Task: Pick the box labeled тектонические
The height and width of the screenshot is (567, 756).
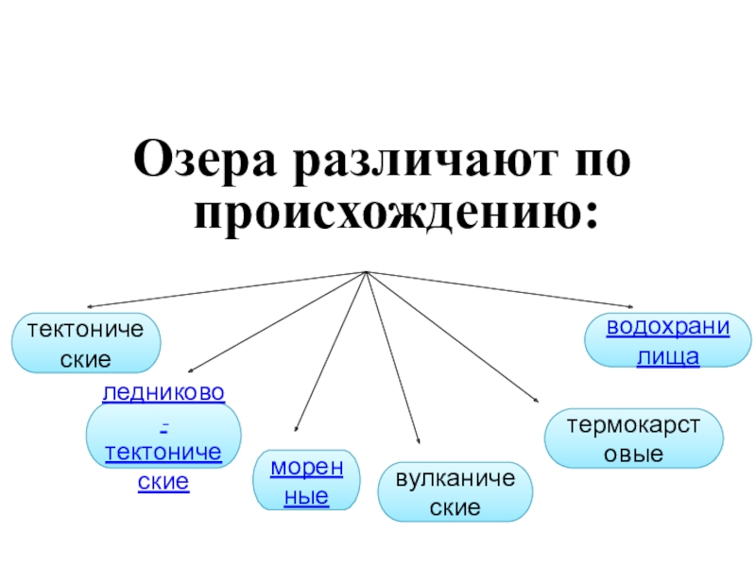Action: (x=86, y=344)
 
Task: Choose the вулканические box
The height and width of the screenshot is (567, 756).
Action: (x=455, y=492)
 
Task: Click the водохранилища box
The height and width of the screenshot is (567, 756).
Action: (x=667, y=341)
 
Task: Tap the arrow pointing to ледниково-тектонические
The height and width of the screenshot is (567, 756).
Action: (x=274, y=322)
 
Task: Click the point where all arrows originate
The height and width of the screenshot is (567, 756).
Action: (x=365, y=273)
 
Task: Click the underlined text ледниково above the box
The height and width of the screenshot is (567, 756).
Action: (x=163, y=391)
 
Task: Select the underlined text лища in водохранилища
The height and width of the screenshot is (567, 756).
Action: (x=667, y=357)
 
